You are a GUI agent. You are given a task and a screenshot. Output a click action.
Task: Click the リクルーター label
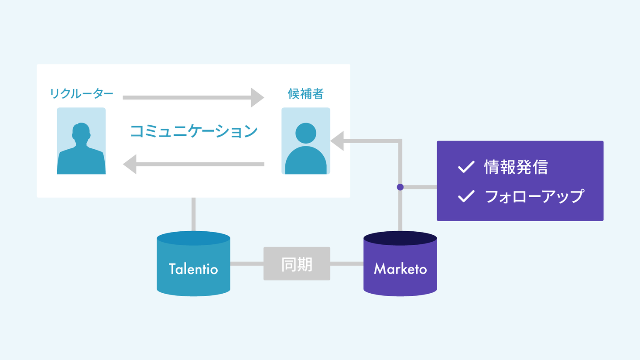point(81,93)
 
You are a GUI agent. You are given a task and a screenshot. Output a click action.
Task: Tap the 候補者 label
point(305,93)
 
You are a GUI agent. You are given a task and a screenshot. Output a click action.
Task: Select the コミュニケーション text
point(194,131)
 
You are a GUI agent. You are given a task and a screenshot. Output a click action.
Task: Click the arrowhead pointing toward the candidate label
point(257,97)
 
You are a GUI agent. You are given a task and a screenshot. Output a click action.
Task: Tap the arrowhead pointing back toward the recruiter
point(130,164)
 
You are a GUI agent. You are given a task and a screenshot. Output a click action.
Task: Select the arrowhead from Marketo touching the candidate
point(337,141)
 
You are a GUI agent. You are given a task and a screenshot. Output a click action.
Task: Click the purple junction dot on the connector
point(400,187)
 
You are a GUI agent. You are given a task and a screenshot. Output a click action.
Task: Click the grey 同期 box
point(297,264)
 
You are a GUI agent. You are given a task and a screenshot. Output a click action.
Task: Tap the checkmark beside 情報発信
point(466,167)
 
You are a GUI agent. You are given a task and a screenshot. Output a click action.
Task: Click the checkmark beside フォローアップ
point(466,196)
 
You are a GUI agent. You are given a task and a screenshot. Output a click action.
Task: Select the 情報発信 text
point(516,167)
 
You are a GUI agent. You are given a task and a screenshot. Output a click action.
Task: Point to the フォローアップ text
point(534,196)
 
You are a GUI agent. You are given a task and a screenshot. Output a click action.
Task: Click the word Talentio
point(193,269)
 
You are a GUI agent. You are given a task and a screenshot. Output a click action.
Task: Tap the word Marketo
point(400,269)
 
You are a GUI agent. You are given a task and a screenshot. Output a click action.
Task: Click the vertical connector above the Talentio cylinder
point(193,214)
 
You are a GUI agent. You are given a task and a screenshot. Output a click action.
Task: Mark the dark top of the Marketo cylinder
point(400,238)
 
